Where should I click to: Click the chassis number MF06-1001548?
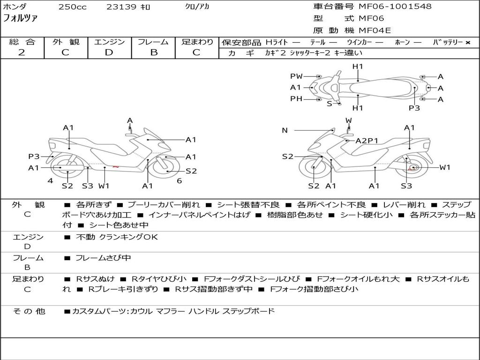coord(395,7)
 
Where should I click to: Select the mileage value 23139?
coord(121,7)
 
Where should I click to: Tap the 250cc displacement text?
coord(72,7)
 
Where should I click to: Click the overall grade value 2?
coord(22,52)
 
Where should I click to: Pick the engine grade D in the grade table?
coord(109,52)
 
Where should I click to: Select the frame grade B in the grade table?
coord(154,52)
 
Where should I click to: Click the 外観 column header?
coord(66,42)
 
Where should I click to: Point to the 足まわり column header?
coord(197,42)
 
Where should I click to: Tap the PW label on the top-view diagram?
coord(296,76)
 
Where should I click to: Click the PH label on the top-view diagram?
coord(296,99)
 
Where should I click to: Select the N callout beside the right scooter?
coord(285,130)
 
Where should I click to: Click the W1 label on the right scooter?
coord(444,167)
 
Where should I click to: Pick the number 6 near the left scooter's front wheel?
coord(179,181)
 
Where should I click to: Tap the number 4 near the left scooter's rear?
coord(50,181)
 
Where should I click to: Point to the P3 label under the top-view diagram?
coord(414,108)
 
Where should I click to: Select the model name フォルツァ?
coord(21,19)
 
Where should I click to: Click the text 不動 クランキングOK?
coord(117,237)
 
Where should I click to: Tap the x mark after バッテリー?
coord(467,42)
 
